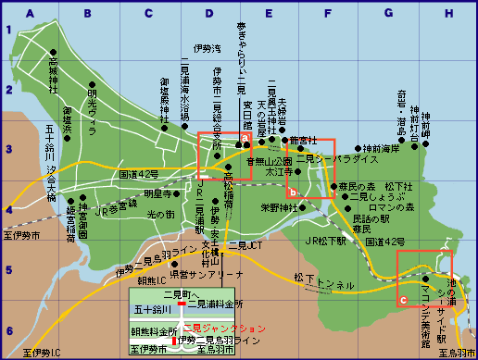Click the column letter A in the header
tap(31, 13)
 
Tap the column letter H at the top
tap(448, 13)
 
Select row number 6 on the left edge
tap(9, 330)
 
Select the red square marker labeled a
tap(245, 138)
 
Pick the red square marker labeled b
tap(292, 192)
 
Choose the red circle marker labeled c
tap(402, 301)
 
